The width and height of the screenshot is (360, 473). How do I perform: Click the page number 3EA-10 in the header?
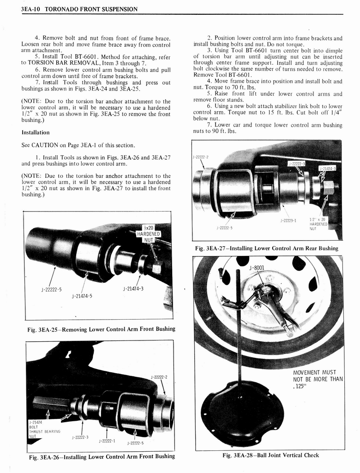[x=31, y=9]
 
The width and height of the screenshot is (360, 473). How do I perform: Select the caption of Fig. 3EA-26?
[x=102, y=456]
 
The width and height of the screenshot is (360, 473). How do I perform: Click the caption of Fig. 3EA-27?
[x=266, y=249]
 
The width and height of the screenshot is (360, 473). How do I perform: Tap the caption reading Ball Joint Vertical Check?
[x=270, y=455]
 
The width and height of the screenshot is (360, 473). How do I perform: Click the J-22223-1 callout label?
[x=288, y=221]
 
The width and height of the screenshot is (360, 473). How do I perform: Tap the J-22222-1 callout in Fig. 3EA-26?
[x=108, y=441]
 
